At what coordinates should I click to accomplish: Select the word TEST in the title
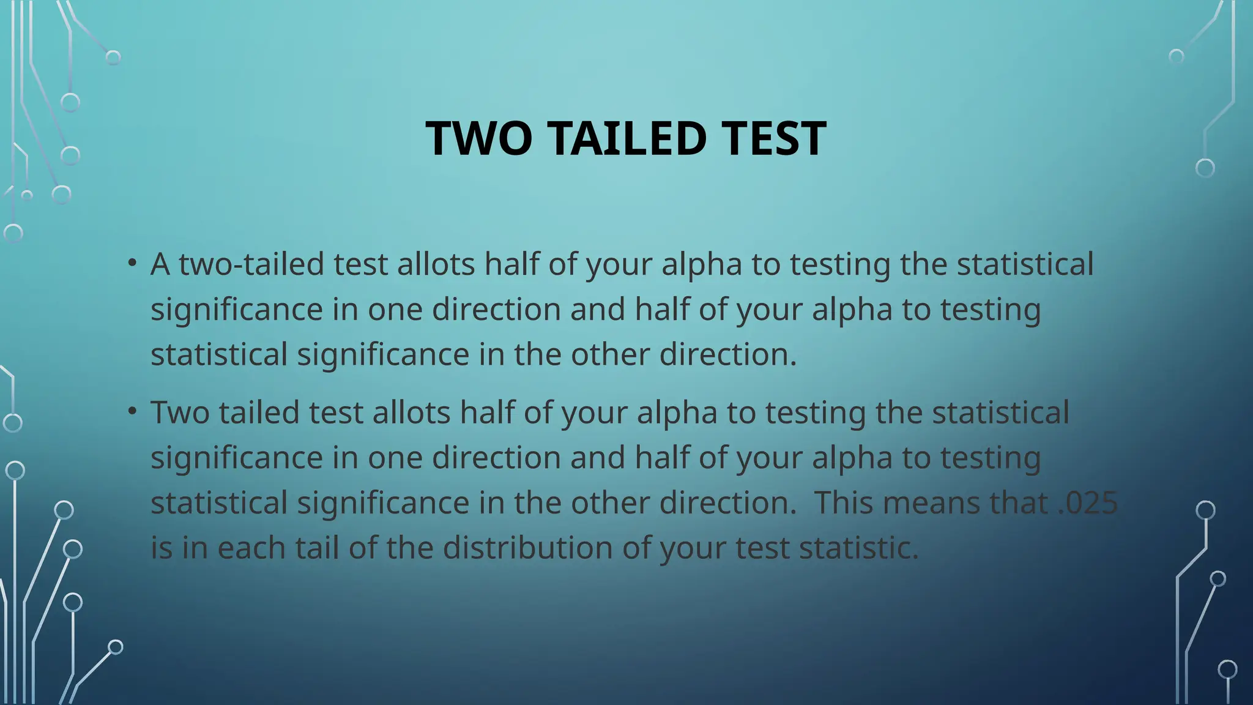[774, 138]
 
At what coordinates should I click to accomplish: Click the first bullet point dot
[132, 264]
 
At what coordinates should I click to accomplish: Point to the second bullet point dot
[132, 412]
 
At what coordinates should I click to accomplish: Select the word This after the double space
[844, 503]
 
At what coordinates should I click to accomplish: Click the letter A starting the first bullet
[160, 264]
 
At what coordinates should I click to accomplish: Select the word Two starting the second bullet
[180, 412]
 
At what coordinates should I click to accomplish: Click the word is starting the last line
[162, 548]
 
